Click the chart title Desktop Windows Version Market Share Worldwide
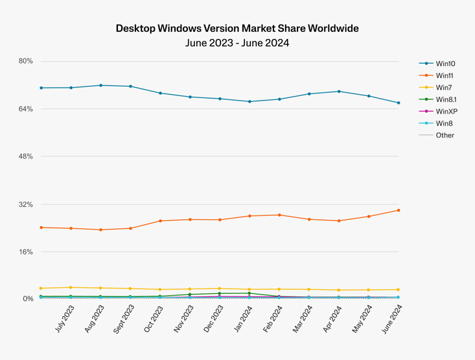coord(237,29)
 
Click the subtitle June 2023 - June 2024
coord(237,43)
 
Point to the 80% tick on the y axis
coord(26,61)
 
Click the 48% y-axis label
coord(26,156)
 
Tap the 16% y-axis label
coord(26,252)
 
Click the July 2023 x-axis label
coord(64,319)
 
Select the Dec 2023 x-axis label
coord(213,319)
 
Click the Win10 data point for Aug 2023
coord(100,85)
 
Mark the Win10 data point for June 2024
coord(399,103)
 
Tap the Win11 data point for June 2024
coord(399,210)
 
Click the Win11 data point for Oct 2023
coord(160,221)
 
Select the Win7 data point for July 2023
coord(71,287)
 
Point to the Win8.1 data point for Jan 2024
coord(249,293)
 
